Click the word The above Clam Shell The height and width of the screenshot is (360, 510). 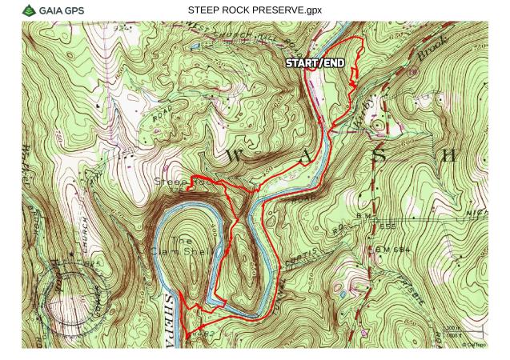click(183, 239)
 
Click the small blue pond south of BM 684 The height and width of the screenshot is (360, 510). click(344, 294)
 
